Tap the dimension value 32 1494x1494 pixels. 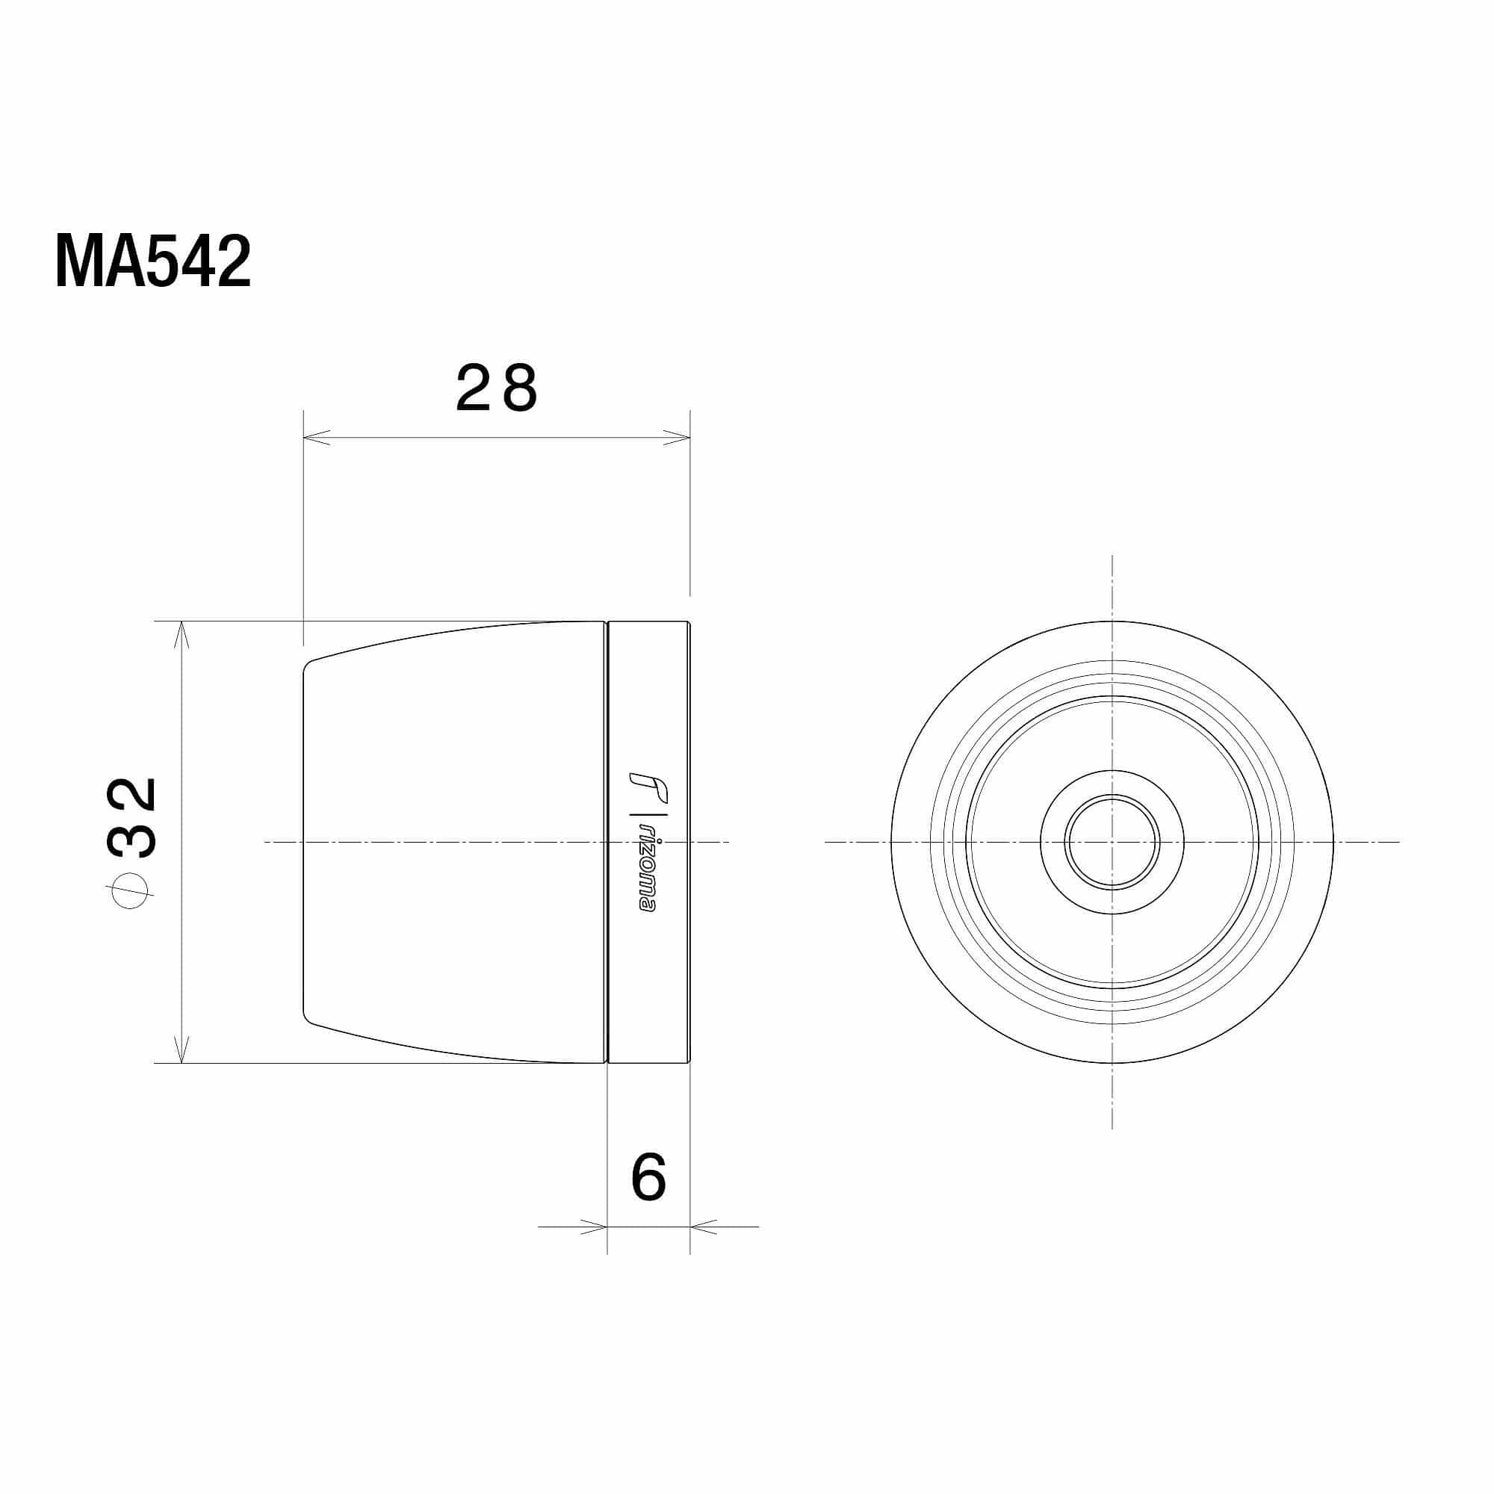tap(132, 818)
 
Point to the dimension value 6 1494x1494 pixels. tap(648, 1178)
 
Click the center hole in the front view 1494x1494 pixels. tap(1112, 841)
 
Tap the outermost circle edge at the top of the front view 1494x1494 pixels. tap(1112, 621)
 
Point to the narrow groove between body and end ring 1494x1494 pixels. tap(607, 841)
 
